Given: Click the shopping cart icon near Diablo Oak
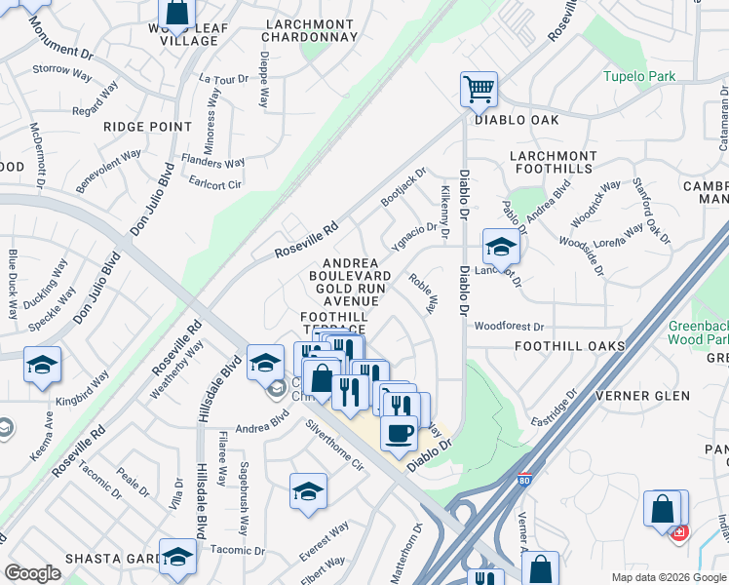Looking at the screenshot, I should click(479, 90).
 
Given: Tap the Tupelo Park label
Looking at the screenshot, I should click(639, 76).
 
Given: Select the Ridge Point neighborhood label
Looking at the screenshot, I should click(148, 127).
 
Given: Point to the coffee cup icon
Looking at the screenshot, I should click(398, 432).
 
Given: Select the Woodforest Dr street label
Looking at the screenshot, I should click(508, 326).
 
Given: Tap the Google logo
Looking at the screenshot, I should click(32, 573).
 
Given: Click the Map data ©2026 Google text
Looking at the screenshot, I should click(668, 576).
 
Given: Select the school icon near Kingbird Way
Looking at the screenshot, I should click(42, 365).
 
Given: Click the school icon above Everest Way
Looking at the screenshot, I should click(308, 491).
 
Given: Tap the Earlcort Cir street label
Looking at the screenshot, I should click(213, 181).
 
